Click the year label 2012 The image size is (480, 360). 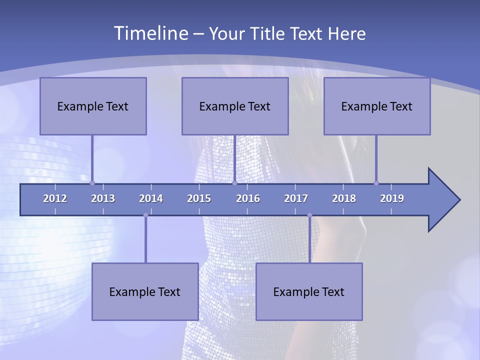coord(55,198)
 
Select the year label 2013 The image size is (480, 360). coord(103,198)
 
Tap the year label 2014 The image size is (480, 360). coord(151,198)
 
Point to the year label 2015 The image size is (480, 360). coord(199,198)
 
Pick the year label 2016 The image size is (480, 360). coord(248,198)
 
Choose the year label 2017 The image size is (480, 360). coord(296,198)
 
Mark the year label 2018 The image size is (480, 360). coord(344,198)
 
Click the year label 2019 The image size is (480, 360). coord(392,198)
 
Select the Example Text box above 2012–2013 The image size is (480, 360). coord(93,106)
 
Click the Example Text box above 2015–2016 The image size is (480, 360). coord(235,106)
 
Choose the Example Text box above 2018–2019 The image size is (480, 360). coord(377,106)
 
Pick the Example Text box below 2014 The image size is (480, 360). coord(145,291)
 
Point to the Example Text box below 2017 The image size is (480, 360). coord(309,291)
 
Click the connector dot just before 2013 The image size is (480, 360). coord(92,183)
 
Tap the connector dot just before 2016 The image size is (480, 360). coord(234,183)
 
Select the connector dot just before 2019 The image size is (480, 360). coord(376,183)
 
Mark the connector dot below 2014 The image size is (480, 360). coord(145,215)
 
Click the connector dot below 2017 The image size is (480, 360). coord(309,215)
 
